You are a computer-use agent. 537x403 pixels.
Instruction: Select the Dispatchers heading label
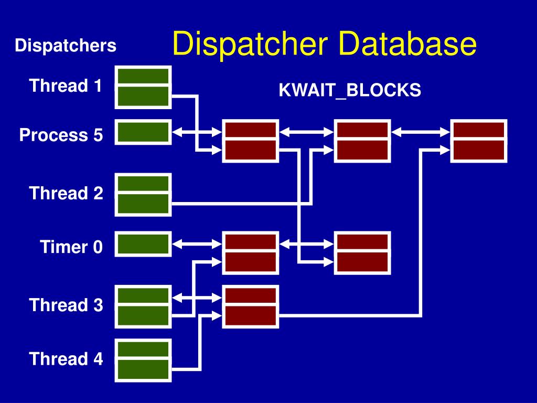pos(66,46)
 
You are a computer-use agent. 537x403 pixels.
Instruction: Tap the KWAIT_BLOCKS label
pos(349,91)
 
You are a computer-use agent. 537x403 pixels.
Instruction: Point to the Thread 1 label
pos(66,86)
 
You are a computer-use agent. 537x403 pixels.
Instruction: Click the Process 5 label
pos(61,135)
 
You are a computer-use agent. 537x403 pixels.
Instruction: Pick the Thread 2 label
pos(66,193)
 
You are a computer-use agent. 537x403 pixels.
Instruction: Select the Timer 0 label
pos(72,247)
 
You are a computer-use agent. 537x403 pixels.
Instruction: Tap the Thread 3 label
pos(66,305)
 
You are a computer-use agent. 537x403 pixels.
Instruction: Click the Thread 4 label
pos(66,359)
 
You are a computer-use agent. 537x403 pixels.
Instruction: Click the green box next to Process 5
pos(143,132)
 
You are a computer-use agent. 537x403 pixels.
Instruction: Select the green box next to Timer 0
pos(143,244)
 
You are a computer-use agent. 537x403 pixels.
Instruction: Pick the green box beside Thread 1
pos(143,87)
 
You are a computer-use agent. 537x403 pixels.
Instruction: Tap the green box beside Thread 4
pos(143,360)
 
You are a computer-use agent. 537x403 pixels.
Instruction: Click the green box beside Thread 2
pos(143,194)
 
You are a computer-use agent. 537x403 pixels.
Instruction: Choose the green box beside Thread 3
pos(143,306)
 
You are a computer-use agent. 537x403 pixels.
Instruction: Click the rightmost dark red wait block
pos(479,141)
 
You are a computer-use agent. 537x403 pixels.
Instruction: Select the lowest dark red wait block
pos(251,306)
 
